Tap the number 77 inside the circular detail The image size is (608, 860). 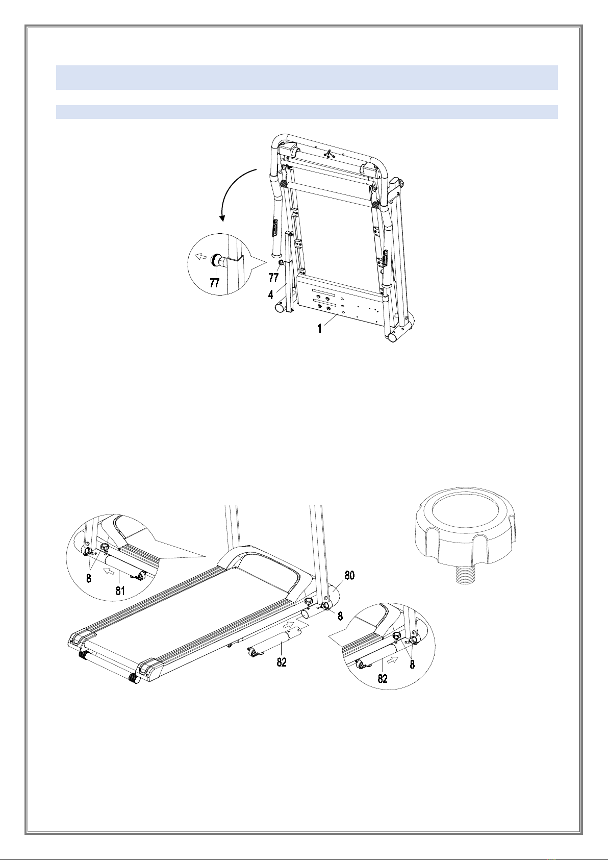215,283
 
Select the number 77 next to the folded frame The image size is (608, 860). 273,278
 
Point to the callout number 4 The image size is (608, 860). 271,295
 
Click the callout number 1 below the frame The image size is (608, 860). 319,329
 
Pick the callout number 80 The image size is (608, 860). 349,575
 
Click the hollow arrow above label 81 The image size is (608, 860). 109,572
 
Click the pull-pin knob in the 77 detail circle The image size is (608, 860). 217,260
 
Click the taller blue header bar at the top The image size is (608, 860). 307,78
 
